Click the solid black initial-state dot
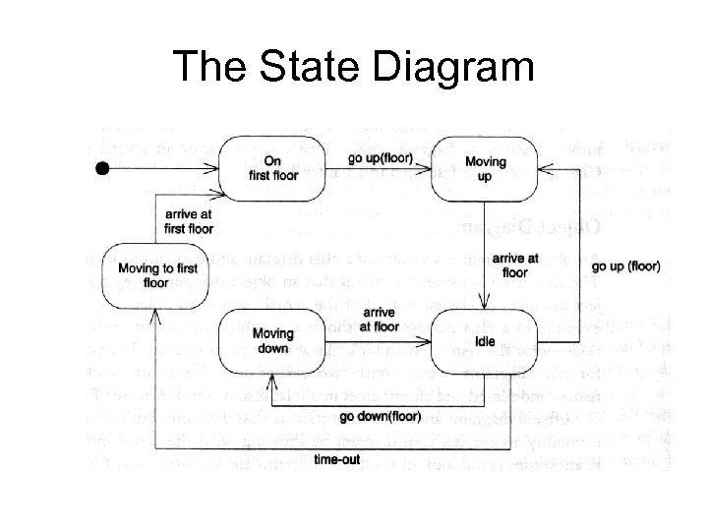coord(100,170)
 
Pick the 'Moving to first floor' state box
coord(156,274)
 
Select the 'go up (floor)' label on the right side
coord(629,265)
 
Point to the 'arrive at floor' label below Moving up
coord(514,265)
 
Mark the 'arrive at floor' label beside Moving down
coord(378,320)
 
